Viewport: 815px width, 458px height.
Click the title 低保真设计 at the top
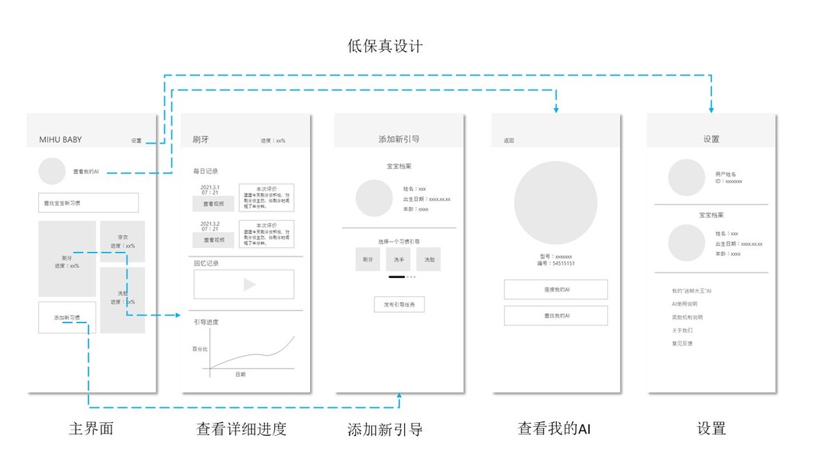pyautogui.click(x=385, y=47)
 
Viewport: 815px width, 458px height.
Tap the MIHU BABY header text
pyautogui.click(x=60, y=140)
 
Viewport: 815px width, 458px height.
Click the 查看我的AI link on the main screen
pyautogui.click(x=86, y=172)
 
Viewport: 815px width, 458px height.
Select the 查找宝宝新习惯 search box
pyautogui.click(x=89, y=203)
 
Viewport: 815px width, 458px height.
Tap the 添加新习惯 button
pyautogui.click(x=67, y=318)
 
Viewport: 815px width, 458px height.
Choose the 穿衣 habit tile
pyautogui.click(x=122, y=241)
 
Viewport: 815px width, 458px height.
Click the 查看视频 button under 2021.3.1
pyautogui.click(x=213, y=204)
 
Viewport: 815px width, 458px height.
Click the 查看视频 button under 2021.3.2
pyautogui.click(x=213, y=240)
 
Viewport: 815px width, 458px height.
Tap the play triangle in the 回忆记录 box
pyautogui.click(x=249, y=285)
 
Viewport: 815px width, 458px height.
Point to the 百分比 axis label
pyautogui.click(x=199, y=348)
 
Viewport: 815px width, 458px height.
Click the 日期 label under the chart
pyautogui.click(x=240, y=374)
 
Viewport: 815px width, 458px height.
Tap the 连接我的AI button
pyautogui.click(x=556, y=290)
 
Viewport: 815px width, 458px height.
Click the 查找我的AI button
pyautogui.click(x=556, y=315)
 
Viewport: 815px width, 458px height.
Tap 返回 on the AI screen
pyautogui.click(x=509, y=140)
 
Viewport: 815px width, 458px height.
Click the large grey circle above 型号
pyautogui.click(x=555, y=202)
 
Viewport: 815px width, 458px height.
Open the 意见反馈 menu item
pyautogui.click(x=682, y=343)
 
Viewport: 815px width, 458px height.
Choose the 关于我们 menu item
pyautogui.click(x=682, y=331)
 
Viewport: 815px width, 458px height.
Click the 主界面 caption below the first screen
pyautogui.click(x=91, y=428)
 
